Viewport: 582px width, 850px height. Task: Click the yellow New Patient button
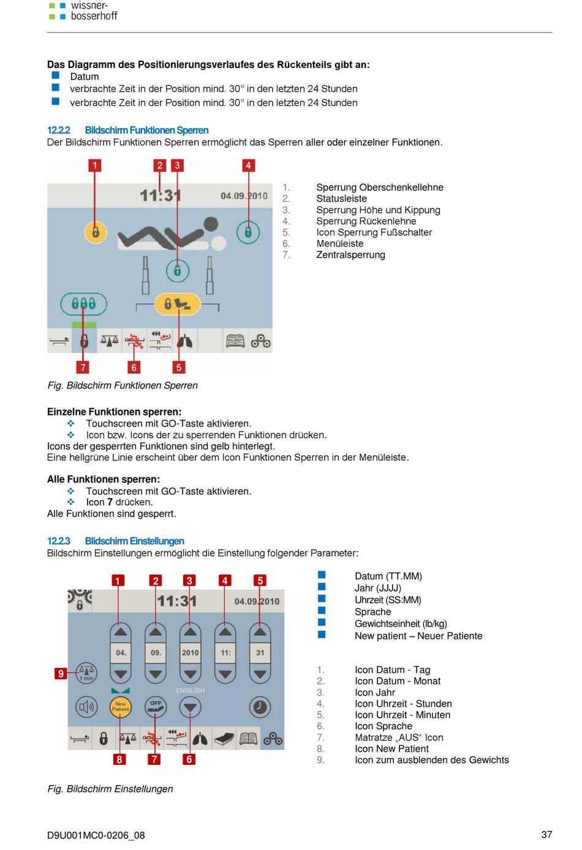[x=120, y=707]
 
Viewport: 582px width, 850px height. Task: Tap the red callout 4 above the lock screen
[x=248, y=165]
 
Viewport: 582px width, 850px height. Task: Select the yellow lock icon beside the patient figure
[x=95, y=232]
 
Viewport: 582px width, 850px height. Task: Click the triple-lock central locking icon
[x=83, y=303]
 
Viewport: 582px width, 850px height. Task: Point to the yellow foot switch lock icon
[x=177, y=303]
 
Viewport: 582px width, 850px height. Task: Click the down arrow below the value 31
[x=260, y=674]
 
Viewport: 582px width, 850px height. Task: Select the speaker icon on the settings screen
[x=86, y=707]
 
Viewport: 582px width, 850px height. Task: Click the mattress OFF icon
[x=155, y=707]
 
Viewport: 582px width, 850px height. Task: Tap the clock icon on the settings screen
[x=260, y=707]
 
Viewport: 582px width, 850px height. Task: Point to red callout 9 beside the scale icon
[x=61, y=673]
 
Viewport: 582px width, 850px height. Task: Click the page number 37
[x=546, y=835]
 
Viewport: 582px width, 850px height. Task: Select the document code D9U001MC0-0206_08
[x=96, y=835]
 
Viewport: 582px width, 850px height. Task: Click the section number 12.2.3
[x=58, y=541]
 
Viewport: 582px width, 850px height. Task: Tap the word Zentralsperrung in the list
[x=350, y=254]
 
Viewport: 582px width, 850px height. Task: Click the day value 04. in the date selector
[x=121, y=653]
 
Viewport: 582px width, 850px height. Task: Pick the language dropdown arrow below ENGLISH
[x=190, y=707]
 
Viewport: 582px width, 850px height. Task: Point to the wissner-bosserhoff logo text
[x=94, y=10]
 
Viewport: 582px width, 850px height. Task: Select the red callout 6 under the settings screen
[x=189, y=759]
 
